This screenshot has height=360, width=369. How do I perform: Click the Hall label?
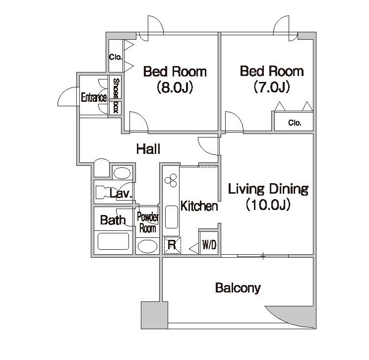pyautogui.click(x=148, y=149)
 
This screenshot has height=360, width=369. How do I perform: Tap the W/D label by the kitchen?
pyautogui.click(x=209, y=245)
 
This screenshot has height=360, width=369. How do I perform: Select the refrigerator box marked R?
pyautogui.click(x=172, y=245)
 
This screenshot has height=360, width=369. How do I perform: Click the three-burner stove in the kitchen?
pyautogui.click(x=171, y=180)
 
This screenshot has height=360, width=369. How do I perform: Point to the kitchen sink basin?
pyautogui.click(x=171, y=217)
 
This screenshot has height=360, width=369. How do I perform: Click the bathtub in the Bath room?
pyautogui.click(x=113, y=241)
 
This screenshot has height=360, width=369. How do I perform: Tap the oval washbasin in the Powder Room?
pyautogui.click(x=147, y=246)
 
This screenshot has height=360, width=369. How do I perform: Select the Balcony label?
pyautogui.click(x=238, y=288)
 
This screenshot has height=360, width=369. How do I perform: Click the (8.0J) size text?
pyautogui.click(x=175, y=87)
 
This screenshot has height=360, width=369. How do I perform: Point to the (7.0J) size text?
pyautogui.click(x=272, y=87)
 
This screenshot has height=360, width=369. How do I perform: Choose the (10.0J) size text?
pyautogui.click(x=268, y=205)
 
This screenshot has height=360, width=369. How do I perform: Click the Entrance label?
pyautogui.click(x=94, y=97)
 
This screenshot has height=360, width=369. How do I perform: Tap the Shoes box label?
pyautogui.click(x=116, y=96)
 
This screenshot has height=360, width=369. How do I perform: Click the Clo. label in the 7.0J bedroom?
pyautogui.click(x=295, y=123)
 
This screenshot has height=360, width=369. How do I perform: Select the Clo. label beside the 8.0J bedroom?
pyautogui.click(x=116, y=57)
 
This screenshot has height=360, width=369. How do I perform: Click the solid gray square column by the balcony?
pyautogui.click(x=154, y=315)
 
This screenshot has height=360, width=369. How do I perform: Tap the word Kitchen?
pyautogui.click(x=199, y=206)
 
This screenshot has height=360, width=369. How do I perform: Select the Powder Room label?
pyautogui.click(x=148, y=222)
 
